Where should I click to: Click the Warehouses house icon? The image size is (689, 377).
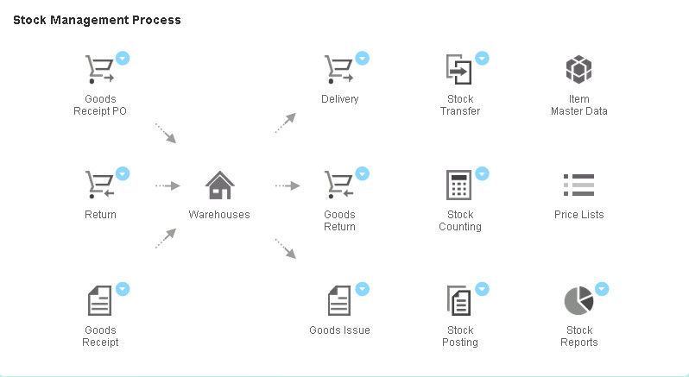tap(219, 185)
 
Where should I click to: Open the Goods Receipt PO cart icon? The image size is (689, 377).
tap(99, 69)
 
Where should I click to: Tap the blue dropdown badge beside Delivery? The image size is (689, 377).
tap(363, 58)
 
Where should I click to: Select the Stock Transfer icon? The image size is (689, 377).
tap(458, 69)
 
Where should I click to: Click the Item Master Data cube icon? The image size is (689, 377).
tap(578, 69)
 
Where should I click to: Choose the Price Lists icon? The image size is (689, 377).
tap(578, 185)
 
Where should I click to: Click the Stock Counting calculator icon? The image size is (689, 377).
tap(458, 185)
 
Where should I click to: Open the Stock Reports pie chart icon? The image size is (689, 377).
tap(578, 300)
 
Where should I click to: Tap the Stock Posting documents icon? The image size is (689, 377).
tap(458, 300)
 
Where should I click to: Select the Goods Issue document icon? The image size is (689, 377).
tap(338, 300)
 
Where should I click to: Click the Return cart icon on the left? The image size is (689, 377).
tap(99, 185)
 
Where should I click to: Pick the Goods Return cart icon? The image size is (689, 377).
tap(338, 185)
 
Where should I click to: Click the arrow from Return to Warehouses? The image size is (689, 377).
tap(168, 185)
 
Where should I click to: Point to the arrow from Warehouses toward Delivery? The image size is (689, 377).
tap(286, 123)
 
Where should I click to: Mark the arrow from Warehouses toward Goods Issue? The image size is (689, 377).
tap(286, 248)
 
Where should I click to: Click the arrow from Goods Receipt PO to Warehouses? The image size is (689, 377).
tap(166, 133)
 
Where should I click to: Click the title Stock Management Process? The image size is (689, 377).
tap(97, 20)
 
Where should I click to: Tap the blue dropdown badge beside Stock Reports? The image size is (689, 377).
tap(602, 289)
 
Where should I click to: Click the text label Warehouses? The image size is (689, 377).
tap(219, 215)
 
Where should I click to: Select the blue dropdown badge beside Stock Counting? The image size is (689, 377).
tap(482, 173)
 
